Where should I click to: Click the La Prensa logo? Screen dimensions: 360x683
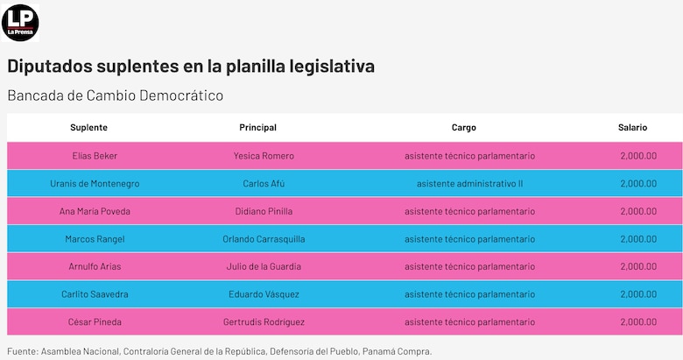coord(20,22)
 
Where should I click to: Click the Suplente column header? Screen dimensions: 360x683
coord(88,128)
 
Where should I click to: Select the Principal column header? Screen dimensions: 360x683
coord(257,128)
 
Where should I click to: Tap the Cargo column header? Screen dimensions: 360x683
coord(464,128)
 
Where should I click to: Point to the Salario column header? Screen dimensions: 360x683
coord(632,128)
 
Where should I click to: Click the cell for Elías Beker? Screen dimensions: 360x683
coord(95,156)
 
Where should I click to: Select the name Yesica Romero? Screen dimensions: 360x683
coord(264,156)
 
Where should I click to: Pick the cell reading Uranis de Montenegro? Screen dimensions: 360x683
coord(95,184)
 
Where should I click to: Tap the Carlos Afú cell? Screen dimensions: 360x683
coord(264,184)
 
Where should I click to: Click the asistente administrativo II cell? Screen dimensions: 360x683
coord(469,184)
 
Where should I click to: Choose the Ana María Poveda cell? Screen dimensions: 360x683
coord(95,211)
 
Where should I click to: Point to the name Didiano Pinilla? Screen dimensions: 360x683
coord(264,211)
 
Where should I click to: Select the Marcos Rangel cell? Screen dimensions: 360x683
coord(95,239)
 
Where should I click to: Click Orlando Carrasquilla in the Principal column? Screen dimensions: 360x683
coord(264,239)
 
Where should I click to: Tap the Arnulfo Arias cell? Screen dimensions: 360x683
coord(95,267)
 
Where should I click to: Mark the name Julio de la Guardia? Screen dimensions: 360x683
coord(264,267)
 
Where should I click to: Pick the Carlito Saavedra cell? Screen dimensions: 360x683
coord(95,295)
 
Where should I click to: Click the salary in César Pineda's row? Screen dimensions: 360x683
coord(637,322)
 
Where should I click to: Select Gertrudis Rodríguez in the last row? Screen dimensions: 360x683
coord(264,322)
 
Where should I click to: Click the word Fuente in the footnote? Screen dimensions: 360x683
coord(22,351)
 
